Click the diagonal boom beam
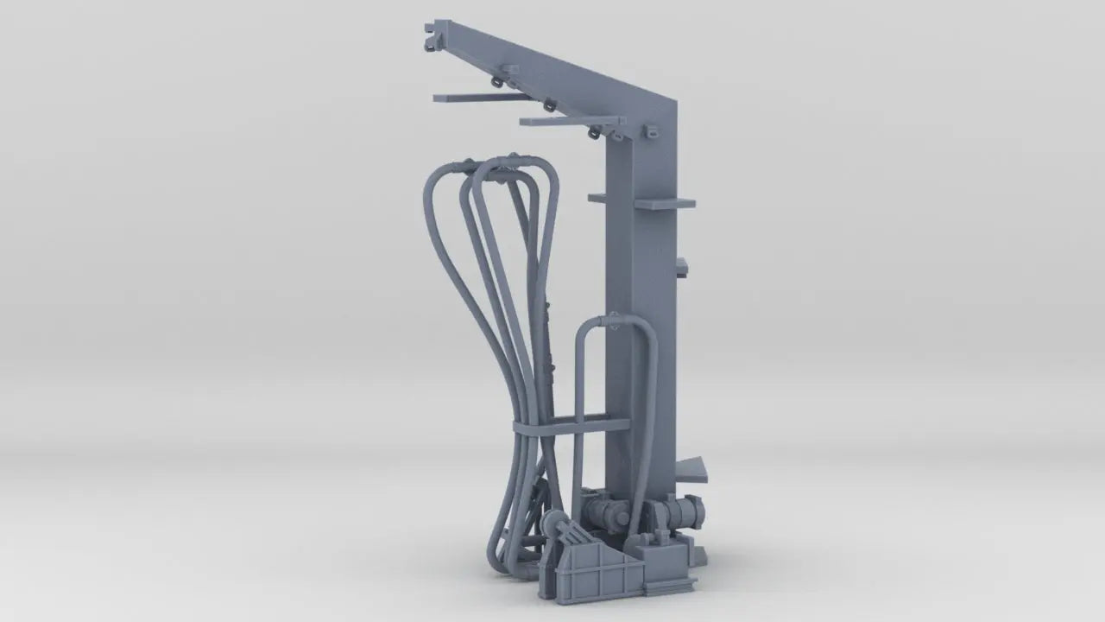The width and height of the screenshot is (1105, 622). click(552, 66)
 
